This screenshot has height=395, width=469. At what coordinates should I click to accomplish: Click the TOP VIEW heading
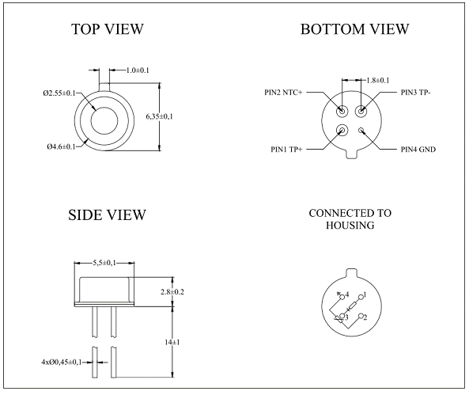pyautogui.click(x=108, y=29)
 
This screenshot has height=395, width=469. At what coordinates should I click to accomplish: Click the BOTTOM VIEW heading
pyautogui.click(x=355, y=29)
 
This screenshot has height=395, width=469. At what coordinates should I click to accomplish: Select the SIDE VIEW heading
pyautogui.click(x=107, y=215)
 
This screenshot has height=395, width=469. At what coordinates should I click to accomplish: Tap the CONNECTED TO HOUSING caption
pyautogui.click(x=350, y=219)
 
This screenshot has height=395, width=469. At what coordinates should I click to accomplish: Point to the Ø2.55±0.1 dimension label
pyautogui.click(x=59, y=93)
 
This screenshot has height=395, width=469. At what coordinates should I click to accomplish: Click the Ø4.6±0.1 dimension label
pyautogui.click(x=62, y=146)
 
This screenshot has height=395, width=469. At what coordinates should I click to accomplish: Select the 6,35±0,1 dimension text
pyautogui.click(x=160, y=116)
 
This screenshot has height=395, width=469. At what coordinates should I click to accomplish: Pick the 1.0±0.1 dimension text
pyautogui.click(x=138, y=70)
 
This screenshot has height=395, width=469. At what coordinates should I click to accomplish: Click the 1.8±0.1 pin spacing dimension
pyautogui.click(x=378, y=80)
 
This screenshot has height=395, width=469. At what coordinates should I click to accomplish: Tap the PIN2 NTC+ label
pyautogui.click(x=283, y=93)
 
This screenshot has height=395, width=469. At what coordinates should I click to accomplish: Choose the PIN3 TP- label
pyautogui.click(x=415, y=93)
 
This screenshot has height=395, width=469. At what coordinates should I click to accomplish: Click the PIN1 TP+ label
pyautogui.click(x=286, y=149)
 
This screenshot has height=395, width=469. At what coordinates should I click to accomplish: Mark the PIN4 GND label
pyautogui.click(x=418, y=149)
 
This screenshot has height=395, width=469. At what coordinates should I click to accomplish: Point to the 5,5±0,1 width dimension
pyautogui.click(x=104, y=263)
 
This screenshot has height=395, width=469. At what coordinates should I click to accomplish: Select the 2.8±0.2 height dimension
pyautogui.click(x=172, y=291)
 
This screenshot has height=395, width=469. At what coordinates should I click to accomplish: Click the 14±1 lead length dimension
pyautogui.click(x=172, y=342)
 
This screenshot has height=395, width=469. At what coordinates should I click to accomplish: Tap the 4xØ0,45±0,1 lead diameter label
pyautogui.click(x=62, y=363)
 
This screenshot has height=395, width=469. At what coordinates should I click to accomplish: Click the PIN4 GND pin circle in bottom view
pyautogui.click(x=361, y=131)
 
